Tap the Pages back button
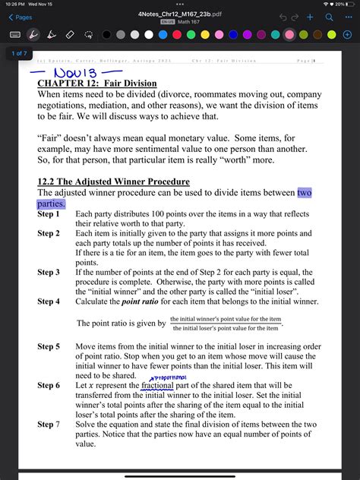21,17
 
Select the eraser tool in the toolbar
70,34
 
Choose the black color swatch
106,34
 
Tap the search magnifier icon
328,17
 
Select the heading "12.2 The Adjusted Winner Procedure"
113,182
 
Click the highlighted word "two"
304,193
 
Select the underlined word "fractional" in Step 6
156,385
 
